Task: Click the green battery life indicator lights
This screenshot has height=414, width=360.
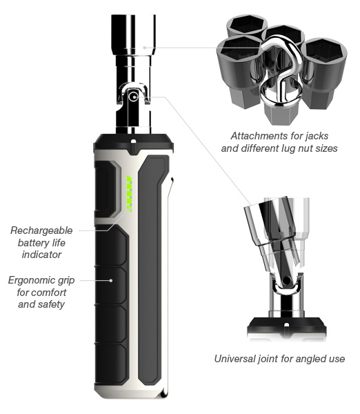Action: click(129, 193)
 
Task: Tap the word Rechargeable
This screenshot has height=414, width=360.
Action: click(41, 230)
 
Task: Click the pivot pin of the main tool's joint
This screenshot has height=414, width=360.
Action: click(133, 97)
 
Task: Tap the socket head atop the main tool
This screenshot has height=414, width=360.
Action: click(134, 35)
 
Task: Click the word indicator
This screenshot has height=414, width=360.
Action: click(41, 255)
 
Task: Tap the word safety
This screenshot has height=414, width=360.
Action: click(51, 304)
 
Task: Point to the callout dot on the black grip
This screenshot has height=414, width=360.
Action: click(111, 280)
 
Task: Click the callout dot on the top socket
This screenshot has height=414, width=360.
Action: click(144, 48)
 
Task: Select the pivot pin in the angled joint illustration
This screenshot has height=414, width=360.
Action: click(286, 280)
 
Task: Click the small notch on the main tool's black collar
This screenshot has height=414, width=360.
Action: click(134, 141)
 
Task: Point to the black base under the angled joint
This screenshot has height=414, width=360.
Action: click(287, 327)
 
